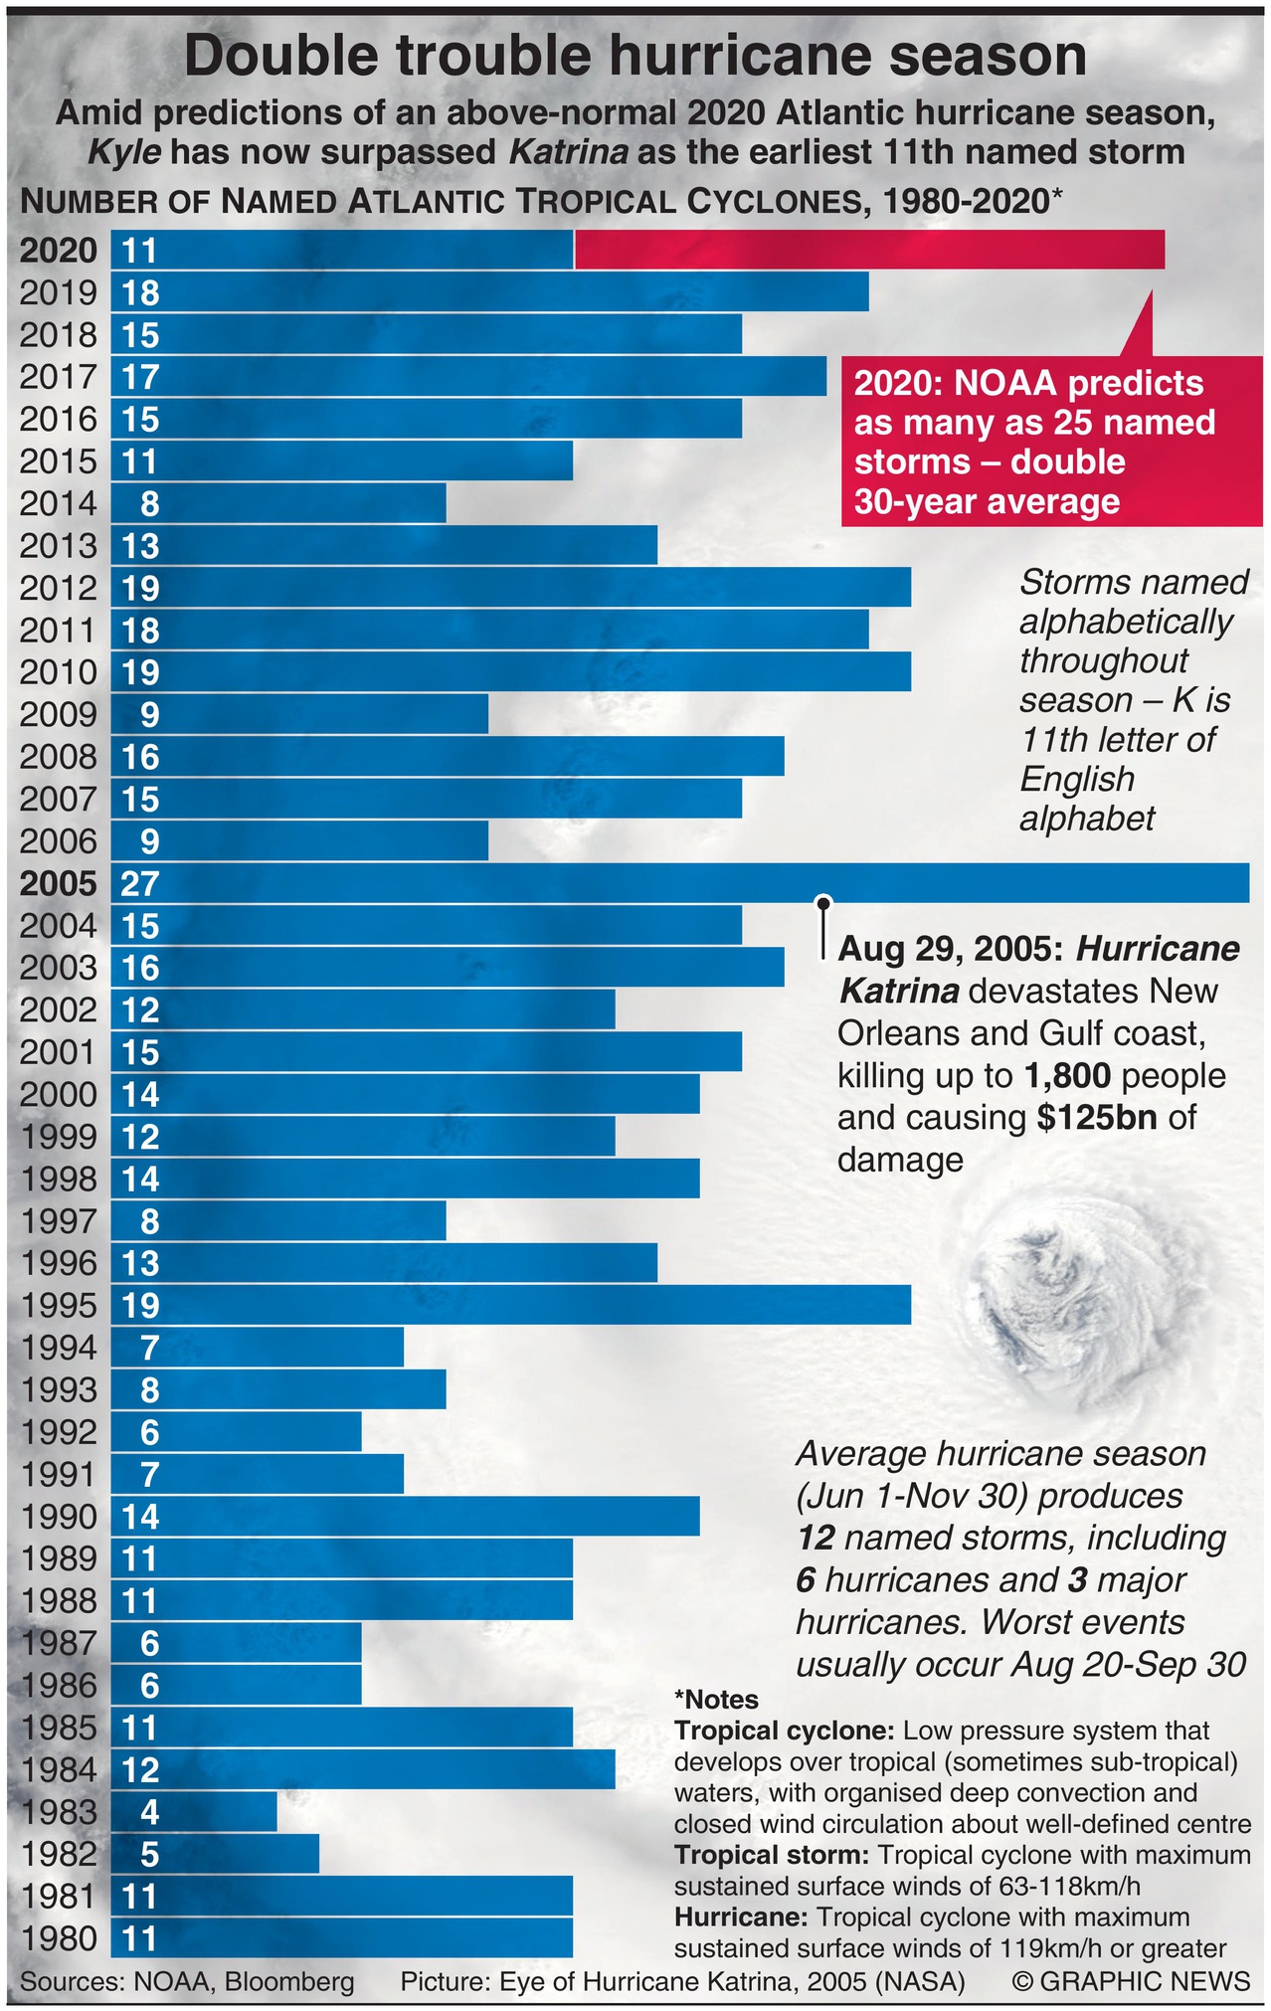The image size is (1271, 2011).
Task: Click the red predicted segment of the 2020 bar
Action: (869, 250)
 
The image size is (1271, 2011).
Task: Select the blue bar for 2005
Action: (696, 883)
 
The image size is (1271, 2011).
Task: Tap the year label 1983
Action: (59, 1812)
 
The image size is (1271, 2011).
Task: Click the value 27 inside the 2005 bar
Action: (140, 884)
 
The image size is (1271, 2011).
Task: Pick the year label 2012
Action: (59, 589)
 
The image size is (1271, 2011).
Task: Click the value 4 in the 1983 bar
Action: (149, 1812)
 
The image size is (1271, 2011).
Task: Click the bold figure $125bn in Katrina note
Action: (1096, 1117)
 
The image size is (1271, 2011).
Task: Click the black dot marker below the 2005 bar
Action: (823, 903)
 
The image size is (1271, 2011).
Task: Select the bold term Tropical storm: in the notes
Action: (772, 1855)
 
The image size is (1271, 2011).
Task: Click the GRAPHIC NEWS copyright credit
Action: (1132, 1981)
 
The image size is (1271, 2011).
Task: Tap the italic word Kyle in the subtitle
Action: (124, 152)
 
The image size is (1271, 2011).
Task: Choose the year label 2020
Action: (59, 250)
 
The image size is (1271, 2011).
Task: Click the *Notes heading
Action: (716, 1700)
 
